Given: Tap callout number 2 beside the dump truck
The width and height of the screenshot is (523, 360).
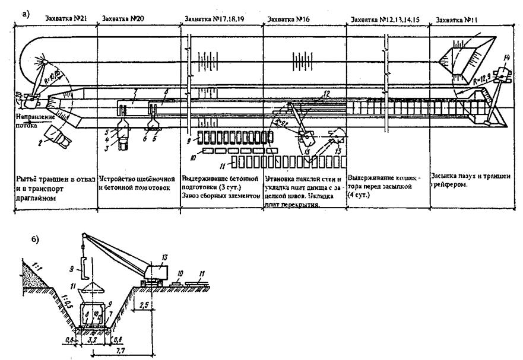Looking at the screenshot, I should click(x=40, y=143).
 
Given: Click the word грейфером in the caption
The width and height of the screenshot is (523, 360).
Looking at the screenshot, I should click(x=451, y=184).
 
